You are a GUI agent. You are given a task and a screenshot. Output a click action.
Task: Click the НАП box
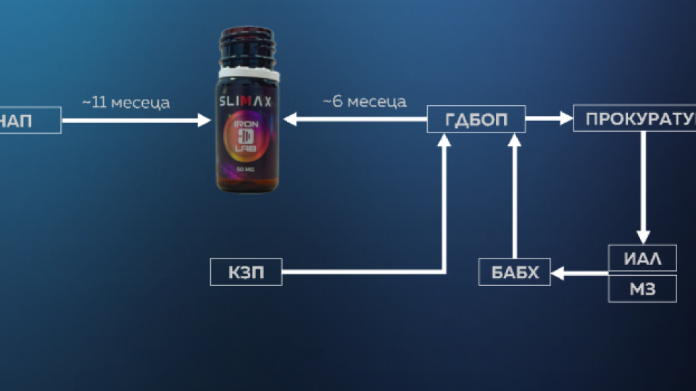(x=29, y=120)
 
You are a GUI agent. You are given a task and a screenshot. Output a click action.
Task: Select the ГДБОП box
(x=476, y=119)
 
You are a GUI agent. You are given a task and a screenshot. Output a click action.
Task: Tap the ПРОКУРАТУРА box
(x=635, y=118)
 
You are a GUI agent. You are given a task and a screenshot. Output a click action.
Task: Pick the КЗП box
(x=246, y=272)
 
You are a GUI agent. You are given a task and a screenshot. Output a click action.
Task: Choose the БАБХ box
(x=515, y=272)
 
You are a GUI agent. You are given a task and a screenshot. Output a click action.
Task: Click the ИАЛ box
(x=642, y=258)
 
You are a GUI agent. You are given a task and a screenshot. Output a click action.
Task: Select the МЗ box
(x=642, y=288)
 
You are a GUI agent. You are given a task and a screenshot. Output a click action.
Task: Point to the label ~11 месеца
(x=126, y=103)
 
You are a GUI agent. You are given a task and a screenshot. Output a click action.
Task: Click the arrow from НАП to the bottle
(x=134, y=120)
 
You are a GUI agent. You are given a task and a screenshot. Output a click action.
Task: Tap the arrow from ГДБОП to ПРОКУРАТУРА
(x=549, y=118)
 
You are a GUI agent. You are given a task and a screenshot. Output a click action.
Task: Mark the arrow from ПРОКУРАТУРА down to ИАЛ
(x=642, y=188)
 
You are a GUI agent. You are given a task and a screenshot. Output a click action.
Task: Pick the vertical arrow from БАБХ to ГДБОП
(x=515, y=195)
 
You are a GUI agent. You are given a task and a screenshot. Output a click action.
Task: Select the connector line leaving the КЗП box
(x=362, y=272)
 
